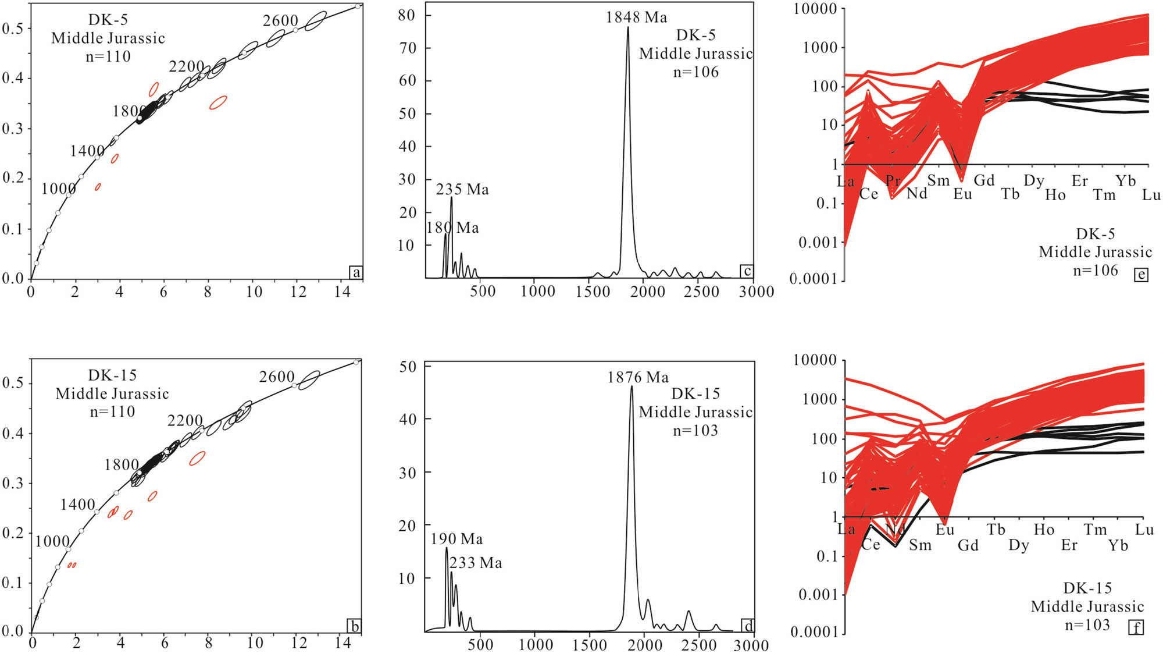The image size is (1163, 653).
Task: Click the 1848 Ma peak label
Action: (x=636, y=17)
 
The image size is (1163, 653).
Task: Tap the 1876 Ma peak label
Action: (x=638, y=378)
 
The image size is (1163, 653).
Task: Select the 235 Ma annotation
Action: (x=462, y=190)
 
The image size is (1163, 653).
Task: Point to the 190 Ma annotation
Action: (x=456, y=540)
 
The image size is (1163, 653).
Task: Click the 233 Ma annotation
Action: (x=476, y=563)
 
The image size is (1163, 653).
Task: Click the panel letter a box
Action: (x=355, y=272)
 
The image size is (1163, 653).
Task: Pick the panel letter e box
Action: (x=1141, y=274)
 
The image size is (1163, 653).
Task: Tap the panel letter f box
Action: (x=1136, y=627)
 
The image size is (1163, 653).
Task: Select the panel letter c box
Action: (x=747, y=271)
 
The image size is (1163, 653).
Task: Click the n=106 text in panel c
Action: (x=695, y=72)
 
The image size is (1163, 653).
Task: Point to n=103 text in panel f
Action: (x=1087, y=625)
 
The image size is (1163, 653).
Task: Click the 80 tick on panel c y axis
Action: (x=406, y=16)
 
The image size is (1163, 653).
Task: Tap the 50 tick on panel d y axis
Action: (x=408, y=367)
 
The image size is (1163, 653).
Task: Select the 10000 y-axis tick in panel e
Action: (x=815, y=9)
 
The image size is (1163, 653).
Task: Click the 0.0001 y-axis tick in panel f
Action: (x=814, y=631)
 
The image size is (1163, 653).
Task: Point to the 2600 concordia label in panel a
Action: (x=280, y=21)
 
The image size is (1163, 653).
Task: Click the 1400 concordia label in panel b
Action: (x=78, y=505)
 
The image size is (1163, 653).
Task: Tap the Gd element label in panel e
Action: (x=984, y=180)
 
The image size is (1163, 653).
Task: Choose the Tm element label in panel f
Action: (x=1095, y=530)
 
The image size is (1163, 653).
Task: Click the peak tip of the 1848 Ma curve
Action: (x=627, y=27)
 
